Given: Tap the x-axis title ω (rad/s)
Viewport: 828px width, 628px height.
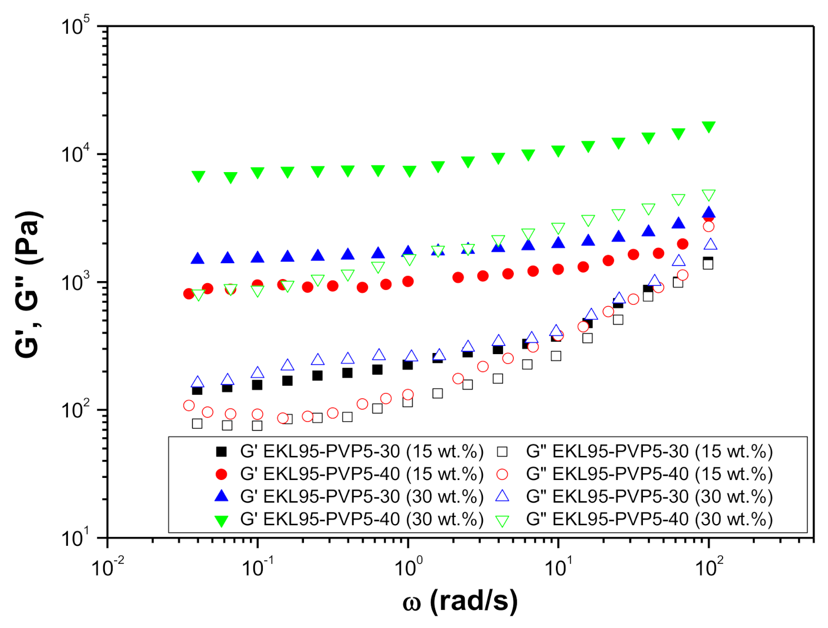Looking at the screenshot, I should coord(460,600).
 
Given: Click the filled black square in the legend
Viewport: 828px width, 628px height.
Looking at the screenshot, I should coord(221,452).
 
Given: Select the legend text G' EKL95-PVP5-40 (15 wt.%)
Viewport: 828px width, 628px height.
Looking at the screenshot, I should coord(362,474).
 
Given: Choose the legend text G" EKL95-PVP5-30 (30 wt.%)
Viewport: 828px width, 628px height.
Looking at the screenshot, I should coord(649,496).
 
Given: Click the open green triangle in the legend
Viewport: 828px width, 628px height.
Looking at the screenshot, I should coord(502,521).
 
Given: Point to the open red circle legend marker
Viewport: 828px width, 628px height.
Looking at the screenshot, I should coord(502,474).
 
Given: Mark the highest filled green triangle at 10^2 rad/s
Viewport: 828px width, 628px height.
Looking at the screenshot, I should coord(709,127).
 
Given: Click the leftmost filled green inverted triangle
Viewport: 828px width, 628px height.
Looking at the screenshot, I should coord(198,176).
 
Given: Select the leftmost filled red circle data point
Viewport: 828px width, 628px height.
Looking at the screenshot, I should coord(189,293).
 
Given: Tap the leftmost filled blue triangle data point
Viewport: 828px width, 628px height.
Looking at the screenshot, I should coord(197,258).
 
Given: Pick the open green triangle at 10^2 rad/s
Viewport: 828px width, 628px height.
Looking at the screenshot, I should coord(709,195).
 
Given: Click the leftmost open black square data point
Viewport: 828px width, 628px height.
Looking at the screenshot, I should coord(197,423).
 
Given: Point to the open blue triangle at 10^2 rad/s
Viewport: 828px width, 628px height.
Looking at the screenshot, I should coord(710,245).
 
